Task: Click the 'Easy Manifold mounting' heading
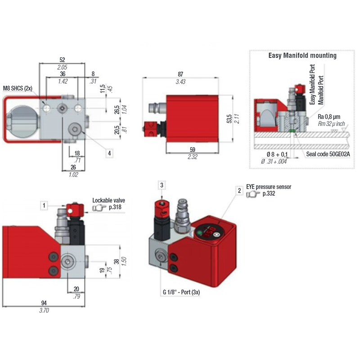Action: tap(302, 56)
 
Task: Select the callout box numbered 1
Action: tap(45, 206)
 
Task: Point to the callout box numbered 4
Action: tap(109, 153)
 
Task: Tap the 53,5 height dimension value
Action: tap(229, 119)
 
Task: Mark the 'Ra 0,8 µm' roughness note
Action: tap(330, 117)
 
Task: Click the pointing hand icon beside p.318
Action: tap(99, 208)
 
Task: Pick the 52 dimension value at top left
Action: tap(62, 60)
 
